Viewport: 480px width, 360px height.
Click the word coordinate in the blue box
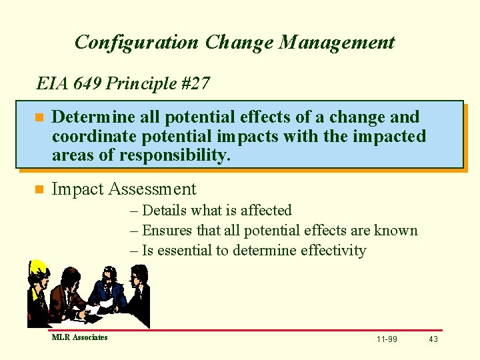click(x=89, y=137)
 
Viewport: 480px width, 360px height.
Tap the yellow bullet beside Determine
click(x=39, y=118)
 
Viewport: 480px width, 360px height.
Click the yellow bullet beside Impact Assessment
click(x=39, y=190)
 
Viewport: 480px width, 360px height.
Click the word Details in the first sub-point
click(x=165, y=211)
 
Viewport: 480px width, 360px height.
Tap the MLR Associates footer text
click(x=79, y=337)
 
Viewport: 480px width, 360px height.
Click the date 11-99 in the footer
click(x=387, y=339)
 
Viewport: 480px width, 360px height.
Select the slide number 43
click(x=433, y=339)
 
